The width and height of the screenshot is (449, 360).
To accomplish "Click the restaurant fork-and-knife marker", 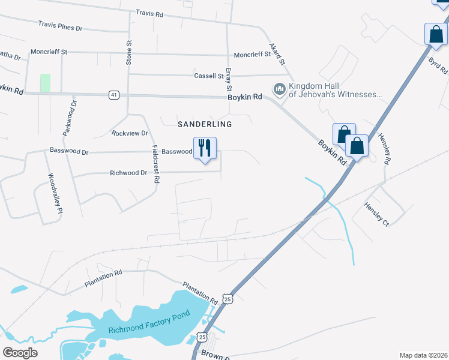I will click(x=205, y=148).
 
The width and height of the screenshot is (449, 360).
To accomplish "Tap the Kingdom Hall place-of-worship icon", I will click(x=279, y=89).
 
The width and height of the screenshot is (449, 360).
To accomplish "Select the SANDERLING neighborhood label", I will click(x=205, y=124).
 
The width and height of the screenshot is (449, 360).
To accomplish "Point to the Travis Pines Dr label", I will click(x=60, y=26).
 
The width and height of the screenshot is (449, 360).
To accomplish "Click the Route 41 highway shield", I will click(x=114, y=95).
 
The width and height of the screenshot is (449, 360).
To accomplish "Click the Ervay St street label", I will click(x=228, y=77).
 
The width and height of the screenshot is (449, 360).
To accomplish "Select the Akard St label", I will click(x=277, y=54).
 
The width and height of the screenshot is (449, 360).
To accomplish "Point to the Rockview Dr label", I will click(x=130, y=133).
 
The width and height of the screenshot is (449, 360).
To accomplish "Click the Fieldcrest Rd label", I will click(x=155, y=164).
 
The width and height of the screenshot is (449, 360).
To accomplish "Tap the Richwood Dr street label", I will click(x=128, y=173).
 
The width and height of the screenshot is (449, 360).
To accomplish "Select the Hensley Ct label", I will click(x=376, y=214).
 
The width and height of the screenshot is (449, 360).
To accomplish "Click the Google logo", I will click(x=20, y=353).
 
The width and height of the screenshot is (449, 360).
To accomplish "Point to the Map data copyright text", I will click(x=423, y=355).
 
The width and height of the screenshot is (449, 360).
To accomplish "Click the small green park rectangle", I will click(x=45, y=83).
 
